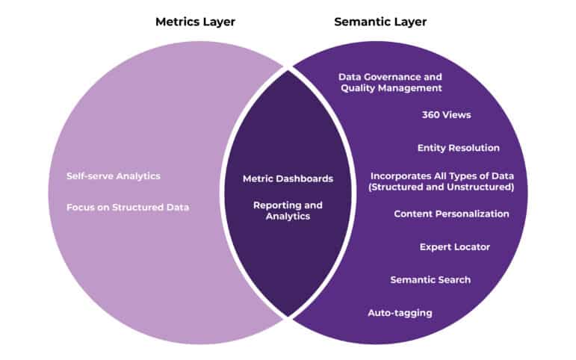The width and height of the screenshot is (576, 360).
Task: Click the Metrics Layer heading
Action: pyautogui.click(x=195, y=22)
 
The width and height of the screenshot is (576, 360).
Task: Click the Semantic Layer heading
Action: pyautogui.click(x=380, y=22)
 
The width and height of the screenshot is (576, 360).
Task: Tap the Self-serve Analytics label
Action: pyautogui.click(x=114, y=176)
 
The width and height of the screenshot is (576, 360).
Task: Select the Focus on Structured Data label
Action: pyautogui.click(x=128, y=207)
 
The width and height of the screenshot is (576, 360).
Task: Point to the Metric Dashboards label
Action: pyautogui.click(x=288, y=179)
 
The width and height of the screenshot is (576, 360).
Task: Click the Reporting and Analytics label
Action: pyautogui.click(x=288, y=211)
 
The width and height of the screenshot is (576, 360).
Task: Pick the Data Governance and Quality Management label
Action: pyautogui.click(x=391, y=82)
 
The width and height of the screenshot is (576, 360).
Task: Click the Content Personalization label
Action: pyautogui.click(x=451, y=214)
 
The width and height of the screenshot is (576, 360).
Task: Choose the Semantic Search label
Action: pyautogui.click(x=430, y=279)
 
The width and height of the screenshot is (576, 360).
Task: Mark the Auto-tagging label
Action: pyautogui.click(x=400, y=312)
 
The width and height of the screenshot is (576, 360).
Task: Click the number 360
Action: pyautogui.click(x=432, y=116)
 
